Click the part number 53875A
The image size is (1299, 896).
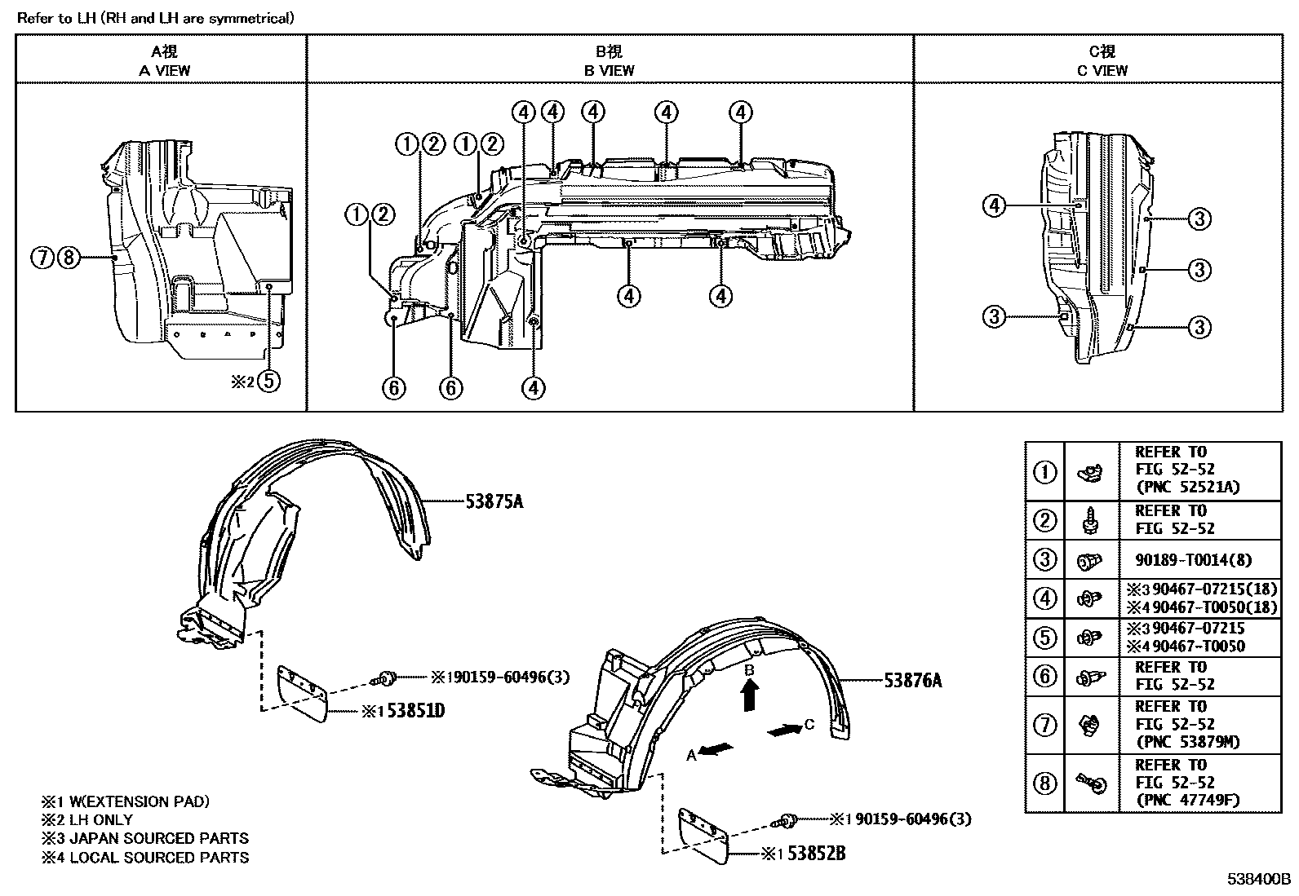click(x=494, y=502)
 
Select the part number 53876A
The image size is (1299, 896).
click(x=913, y=681)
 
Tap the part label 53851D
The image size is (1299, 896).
click(x=416, y=711)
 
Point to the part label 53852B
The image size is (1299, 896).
click(x=817, y=854)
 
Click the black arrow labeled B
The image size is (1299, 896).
click(x=750, y=695)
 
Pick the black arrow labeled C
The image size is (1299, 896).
click(x=785, y=730)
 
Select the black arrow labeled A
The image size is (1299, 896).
click(x=716, y=750)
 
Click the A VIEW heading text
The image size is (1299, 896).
click(x=164, y=71)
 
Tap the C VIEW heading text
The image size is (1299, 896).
click(x=1102, y=71)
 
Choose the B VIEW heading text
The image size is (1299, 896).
click(x=609, y=71)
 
